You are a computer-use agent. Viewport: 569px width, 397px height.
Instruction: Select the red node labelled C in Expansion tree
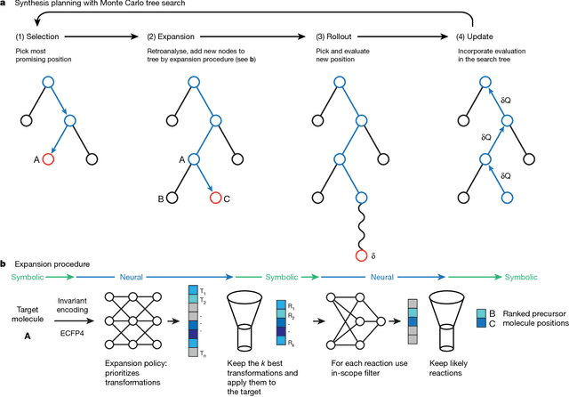click(216, 197)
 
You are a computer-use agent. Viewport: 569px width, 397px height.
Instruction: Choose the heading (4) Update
click(453, 38)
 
